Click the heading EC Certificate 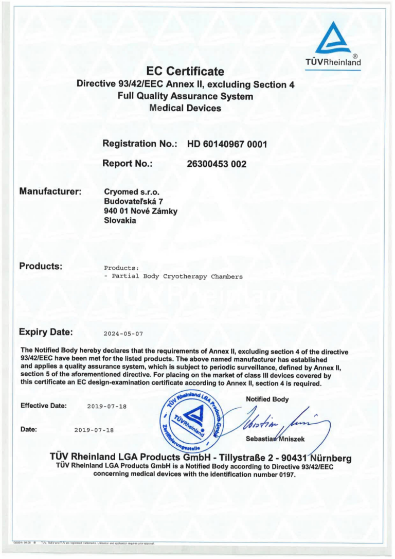click(x=185, y=71)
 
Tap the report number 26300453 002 click(x=217, y=164)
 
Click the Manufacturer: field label click(x=50, y=191)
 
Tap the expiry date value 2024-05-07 click(x=124, y=334)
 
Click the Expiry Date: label click(x=45, y=331)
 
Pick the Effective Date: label click(x=44, y=406)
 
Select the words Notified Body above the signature click(x=267, y=399)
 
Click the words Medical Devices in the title click(x=185, y=108)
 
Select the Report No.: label click(x=128, y=164)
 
